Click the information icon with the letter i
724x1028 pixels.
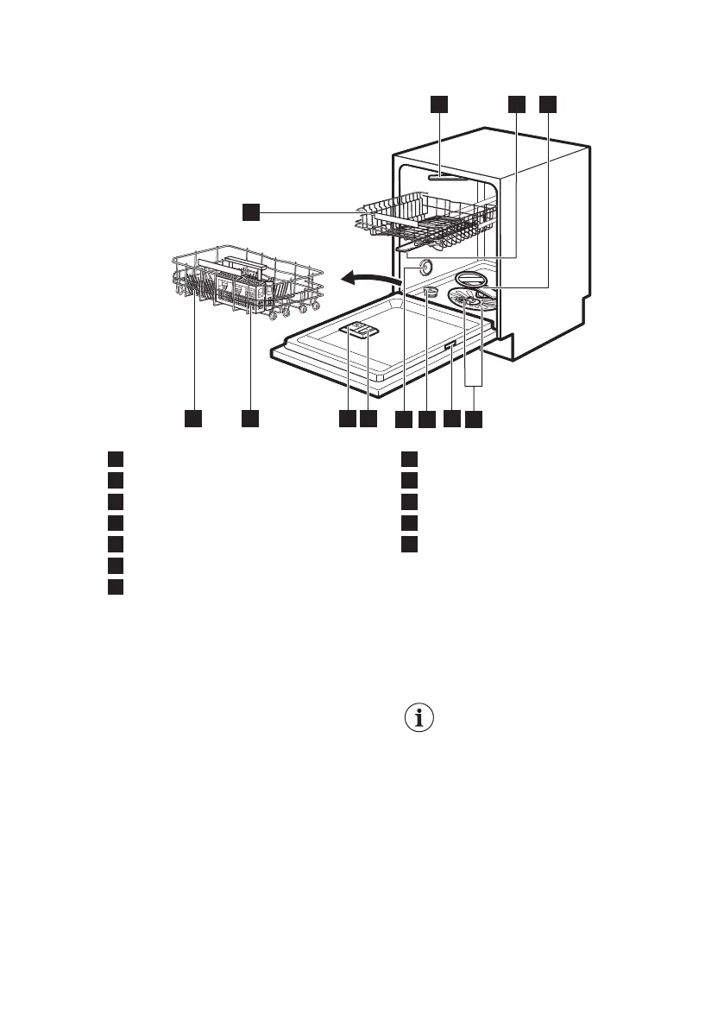(x=419, y=719)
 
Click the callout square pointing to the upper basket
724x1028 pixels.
(x=250, y=211)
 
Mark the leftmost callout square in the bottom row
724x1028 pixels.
(x=193, y=419)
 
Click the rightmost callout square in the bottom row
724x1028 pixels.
(x=475, y=419)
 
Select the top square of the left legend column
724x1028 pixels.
(x=116, y=457)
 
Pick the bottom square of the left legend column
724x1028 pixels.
(x=116, y=587)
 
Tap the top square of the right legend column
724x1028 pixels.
(x=410, y=457)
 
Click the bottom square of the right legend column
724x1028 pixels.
(x=410, y=544)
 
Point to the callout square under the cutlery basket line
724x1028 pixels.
(x=250, y=419)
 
